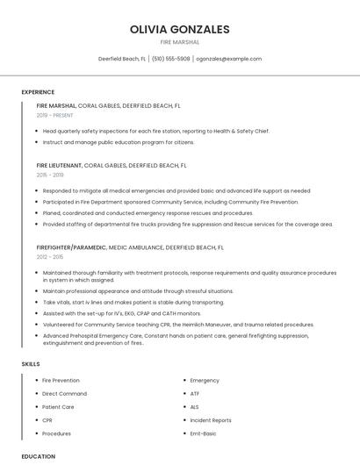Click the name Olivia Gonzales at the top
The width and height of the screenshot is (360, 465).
click(x=179, y=29)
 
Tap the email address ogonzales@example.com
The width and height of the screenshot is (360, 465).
click(x=228, y=59)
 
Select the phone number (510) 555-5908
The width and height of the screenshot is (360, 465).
click(x=170, y=59)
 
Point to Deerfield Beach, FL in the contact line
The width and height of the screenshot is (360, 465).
click(x=122, y=59)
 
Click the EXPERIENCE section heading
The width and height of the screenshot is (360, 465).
click(x=38, y=92)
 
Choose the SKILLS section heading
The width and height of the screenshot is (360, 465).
click(x=31, y=363)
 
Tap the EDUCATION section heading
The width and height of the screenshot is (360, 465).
click(x=39, y=456)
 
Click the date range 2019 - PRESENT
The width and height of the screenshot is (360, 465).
click(x=55, y=115)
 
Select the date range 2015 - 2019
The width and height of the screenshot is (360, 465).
click(x=51, y=175)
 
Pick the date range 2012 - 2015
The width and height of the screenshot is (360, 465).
click(x=50, y=257)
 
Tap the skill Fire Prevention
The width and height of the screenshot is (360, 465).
click(x=61, y=381)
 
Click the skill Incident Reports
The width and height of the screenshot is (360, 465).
click(x=211, y=420)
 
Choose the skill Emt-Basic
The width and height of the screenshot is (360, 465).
click(x=203, y=433)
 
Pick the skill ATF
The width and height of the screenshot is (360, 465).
click(x=195, y=394)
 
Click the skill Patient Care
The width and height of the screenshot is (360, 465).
click(x=58, y=407)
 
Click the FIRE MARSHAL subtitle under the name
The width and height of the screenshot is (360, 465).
click(x=179, y=42)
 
